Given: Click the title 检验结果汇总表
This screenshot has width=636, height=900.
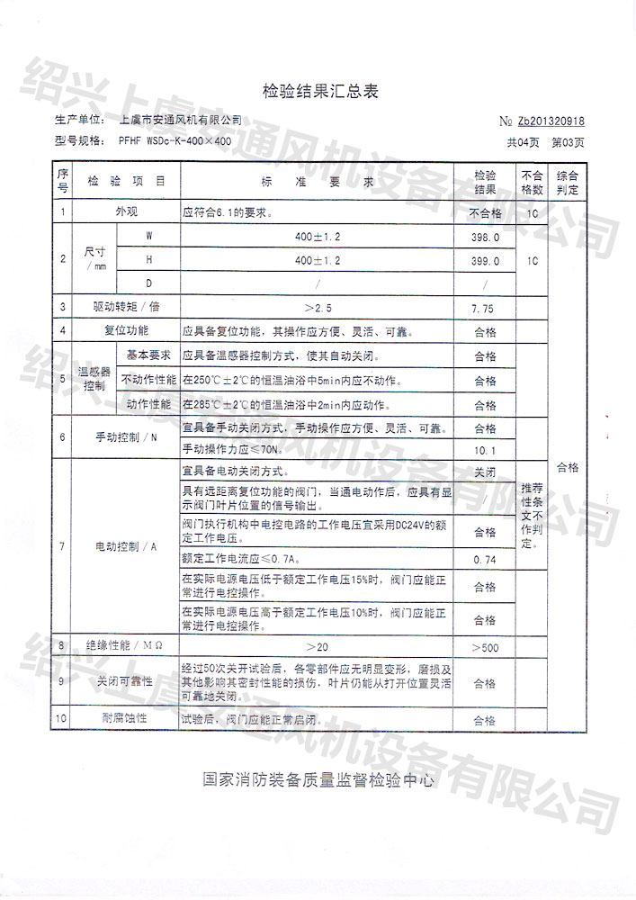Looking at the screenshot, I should (x=318, y=91).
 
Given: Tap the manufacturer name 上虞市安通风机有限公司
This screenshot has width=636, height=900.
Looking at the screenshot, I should (x=180, y=120).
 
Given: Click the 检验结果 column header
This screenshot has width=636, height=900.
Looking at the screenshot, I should (x=485, y=181).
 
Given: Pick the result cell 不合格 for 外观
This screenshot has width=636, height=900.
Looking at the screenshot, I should (x=484, y=214).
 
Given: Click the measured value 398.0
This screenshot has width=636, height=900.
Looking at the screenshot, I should (x=484, y=237).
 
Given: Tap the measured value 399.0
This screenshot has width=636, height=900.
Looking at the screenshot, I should (x=484, y=261).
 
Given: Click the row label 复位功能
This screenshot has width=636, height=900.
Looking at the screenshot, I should (x=126, y=331).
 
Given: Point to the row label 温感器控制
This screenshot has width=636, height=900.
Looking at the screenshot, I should (x=94, y=379).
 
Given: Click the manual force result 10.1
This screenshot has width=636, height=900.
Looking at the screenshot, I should (x=484, y=449).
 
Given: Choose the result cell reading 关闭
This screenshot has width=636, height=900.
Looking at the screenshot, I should (x=484, y=472).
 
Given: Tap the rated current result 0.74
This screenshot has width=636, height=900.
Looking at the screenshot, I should (x=484, y=559).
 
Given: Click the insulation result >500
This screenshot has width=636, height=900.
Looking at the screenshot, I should (x=484, y=648).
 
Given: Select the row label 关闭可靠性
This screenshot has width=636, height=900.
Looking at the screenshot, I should (x=126, y=681).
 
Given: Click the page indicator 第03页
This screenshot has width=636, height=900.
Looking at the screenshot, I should (x=567, y=142).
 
